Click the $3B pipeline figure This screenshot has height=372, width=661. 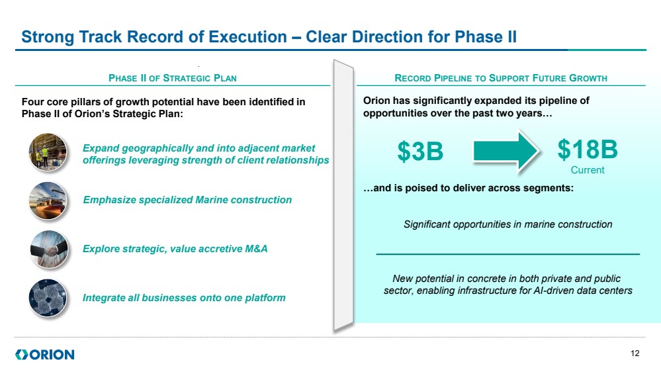tap(420, 151)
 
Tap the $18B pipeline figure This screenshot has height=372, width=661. tap(588, 150)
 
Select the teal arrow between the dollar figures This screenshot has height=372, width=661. tap(506, 151)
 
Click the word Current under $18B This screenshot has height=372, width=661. tap(588, 170)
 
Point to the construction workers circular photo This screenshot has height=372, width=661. tap(48, 152)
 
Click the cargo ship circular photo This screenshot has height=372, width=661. tap(48, 201)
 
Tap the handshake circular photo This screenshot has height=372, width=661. tap(49, 250)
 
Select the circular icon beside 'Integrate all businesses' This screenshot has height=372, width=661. tap(48, 298)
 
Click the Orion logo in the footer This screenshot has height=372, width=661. tap(45, 354)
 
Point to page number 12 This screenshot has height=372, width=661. tap(635, 353)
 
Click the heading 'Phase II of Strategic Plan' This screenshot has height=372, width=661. tap(173, 78)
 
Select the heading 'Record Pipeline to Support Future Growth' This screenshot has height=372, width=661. tap(501, 78)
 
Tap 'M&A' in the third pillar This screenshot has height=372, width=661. tap(256, 249)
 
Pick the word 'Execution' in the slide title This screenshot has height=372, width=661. tap(248, 36)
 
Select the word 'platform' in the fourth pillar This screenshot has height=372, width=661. tap(265, 298)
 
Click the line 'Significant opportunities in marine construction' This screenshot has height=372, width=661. tap(508, 224)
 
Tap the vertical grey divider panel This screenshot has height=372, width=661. tap(343, 195)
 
